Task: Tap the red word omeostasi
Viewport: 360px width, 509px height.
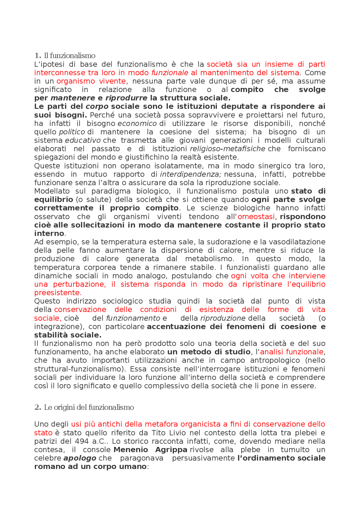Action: (x=256, y=217)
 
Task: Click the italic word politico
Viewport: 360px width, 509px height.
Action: (x=72, y=132)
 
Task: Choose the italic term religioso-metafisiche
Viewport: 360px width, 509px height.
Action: (x=228, y=149)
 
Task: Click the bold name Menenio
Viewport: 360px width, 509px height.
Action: (x=131, y=450)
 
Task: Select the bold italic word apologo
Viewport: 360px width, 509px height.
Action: (x=80, y=458)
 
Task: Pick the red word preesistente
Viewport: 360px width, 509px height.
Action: (x=58, y=293)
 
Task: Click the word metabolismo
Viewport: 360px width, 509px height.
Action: (x=209, y=259)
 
